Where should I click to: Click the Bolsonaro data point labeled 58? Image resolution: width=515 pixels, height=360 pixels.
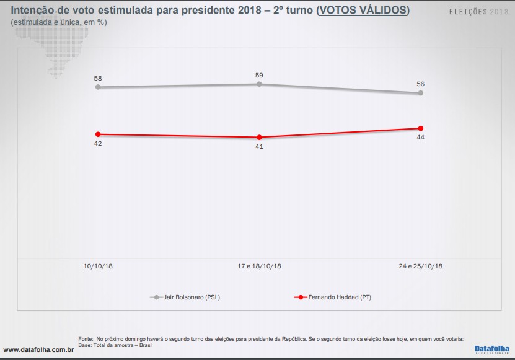(98, 87)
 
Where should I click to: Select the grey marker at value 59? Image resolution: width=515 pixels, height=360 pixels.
(259, 84)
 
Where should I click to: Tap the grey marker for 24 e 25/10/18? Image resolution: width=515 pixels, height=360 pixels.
(421, 93)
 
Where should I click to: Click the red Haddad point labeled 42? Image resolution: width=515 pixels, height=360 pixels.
(98, 134)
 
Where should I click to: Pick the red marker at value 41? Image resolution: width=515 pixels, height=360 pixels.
(259, 137)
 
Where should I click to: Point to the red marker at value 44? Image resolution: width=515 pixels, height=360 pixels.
(421, 128)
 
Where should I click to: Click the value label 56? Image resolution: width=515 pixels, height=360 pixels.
(420, 84)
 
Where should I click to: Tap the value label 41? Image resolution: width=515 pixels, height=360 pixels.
(259, 147)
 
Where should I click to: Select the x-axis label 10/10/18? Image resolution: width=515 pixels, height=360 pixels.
(98, 266)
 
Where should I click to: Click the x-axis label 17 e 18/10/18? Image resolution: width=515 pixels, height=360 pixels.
(259, 266)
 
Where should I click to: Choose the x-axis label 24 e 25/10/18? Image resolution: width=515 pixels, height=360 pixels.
(420, 266)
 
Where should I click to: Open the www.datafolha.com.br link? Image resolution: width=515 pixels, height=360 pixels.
(40, 350)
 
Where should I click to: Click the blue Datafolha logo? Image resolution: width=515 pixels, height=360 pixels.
(491, 349)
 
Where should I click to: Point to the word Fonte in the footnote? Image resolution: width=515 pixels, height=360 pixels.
(86, 339)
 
